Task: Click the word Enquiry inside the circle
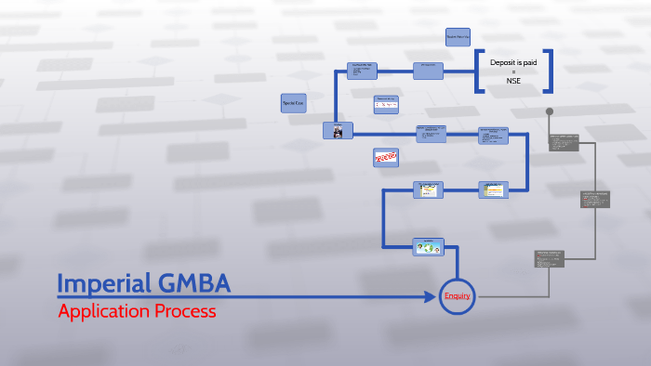click(457, 296)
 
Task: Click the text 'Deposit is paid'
click(513, 61)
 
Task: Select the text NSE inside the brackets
click(513, 81)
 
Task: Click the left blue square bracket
click(478, 71)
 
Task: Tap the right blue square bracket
click(548, 71)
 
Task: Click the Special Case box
click(294, 103)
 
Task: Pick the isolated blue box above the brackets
click(458, 36)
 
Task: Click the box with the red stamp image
click(385, 158)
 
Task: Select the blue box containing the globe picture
click(429, 246)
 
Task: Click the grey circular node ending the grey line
click(550, 112)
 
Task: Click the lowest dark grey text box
click(549, 259)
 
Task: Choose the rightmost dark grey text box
click(595, 199)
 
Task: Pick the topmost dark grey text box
click(564, 142)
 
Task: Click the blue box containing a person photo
click(337, 131)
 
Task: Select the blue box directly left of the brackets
click(429, 71)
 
